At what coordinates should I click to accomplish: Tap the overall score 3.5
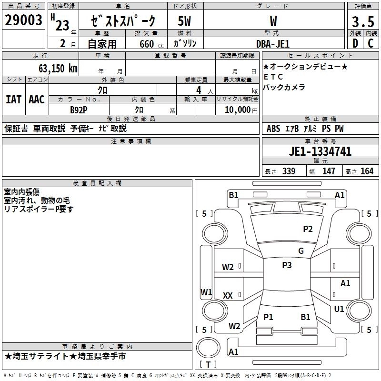[362, 22]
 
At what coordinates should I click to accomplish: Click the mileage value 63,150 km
[53, 68]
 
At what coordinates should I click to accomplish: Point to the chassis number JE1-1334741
[320, 151]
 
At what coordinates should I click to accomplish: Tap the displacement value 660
[147, 44]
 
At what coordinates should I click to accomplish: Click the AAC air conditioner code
[37, 100]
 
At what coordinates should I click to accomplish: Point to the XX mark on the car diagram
[228, 296]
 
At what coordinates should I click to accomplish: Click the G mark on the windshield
[301, 251]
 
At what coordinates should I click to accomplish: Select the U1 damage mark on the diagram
[339, 309]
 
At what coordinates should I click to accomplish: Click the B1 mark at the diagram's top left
[233, 194]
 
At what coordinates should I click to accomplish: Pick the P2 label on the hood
[308, 229]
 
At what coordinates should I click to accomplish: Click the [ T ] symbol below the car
[208, 364]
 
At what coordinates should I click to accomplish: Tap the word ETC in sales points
[273, 77]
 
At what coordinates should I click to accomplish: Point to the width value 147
[329, 171]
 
